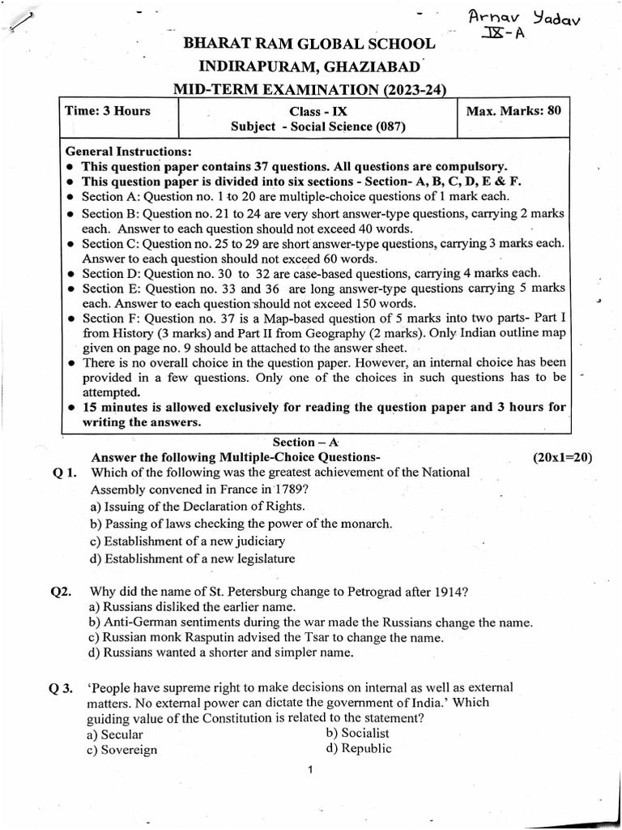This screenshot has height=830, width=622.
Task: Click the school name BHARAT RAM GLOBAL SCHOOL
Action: pyautogui.click(x=310, y=44)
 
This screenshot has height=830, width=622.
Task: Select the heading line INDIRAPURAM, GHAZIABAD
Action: pyautogui.click(x=310, y=66)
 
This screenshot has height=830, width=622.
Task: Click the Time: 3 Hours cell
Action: pyautogui.click(x=108, y=111)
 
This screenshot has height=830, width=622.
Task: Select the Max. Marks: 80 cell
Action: pyautogui.click(x=513, y=111)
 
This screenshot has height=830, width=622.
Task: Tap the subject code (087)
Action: pyautogui.click(x=389, y=126)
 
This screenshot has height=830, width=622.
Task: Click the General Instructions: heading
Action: pyautogui.click(x=128, y=151)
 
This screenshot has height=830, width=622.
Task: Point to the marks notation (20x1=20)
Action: pyautogui.click(x=562, y=457)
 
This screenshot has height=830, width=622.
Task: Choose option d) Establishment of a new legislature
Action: pyautogui.click(x=193, y=558)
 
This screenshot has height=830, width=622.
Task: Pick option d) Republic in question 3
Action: pyautogui.click(x=359, y=749)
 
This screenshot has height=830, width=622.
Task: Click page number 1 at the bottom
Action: pyautogui.click(x=310, y=770)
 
